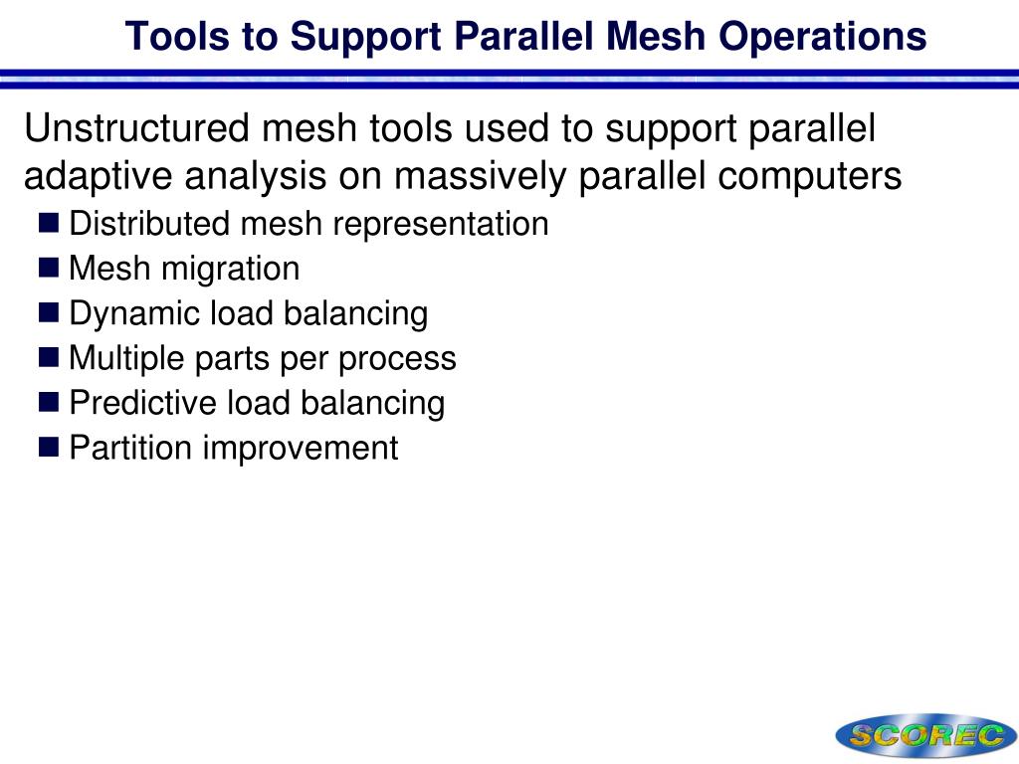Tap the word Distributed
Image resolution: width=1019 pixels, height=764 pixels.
149,224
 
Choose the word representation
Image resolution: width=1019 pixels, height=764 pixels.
441,224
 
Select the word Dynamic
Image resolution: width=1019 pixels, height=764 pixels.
134,313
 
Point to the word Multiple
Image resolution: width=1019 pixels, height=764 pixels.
126,358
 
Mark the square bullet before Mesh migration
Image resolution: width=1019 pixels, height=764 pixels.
51,268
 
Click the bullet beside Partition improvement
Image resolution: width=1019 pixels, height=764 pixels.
51,447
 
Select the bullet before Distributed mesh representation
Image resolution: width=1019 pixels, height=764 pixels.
51,223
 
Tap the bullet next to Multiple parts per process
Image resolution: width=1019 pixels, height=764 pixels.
51,357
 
